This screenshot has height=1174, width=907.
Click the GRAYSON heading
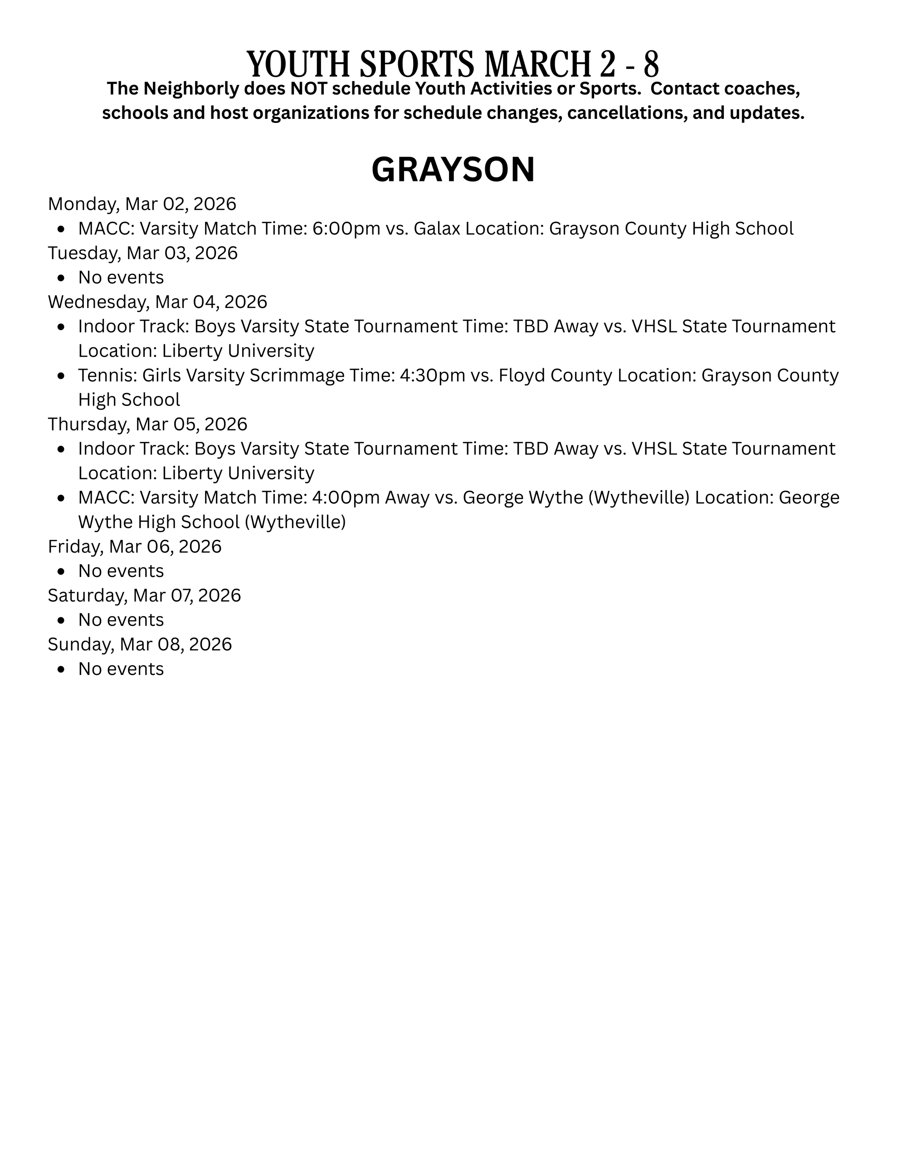point(453,170)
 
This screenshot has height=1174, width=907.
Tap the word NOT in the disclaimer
point(306,89)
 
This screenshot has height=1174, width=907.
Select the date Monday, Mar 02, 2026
point(142,204)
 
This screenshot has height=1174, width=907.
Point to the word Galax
point(436,229)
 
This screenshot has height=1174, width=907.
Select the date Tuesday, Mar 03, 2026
point(142,253)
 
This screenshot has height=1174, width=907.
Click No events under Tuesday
point(121,277)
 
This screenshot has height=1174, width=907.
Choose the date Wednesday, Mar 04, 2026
point(157,302)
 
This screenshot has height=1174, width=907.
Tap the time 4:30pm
point(433,375)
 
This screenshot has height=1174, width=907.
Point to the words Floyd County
point(555,375)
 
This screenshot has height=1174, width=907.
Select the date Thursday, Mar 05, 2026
point(147,424)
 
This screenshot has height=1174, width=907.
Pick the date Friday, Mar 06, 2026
point(134,546)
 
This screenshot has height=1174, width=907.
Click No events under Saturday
point(121,620)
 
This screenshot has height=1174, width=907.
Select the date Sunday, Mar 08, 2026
point(140,644)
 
